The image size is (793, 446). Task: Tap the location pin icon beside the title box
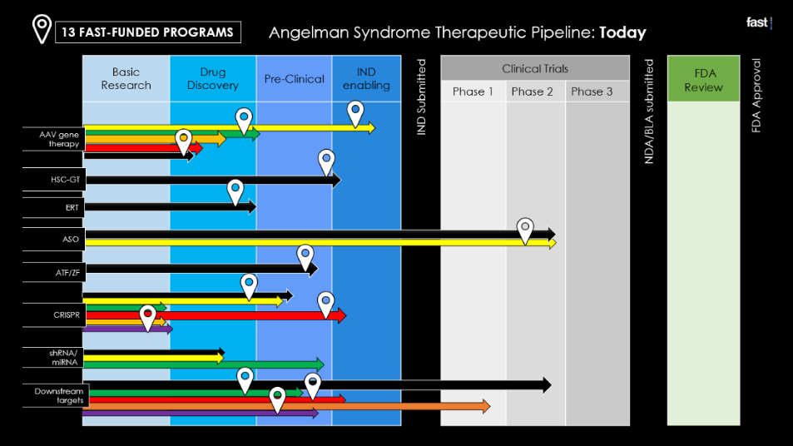pos(42,29)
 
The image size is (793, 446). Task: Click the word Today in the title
pos(622,33)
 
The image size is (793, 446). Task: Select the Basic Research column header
pos(126,78)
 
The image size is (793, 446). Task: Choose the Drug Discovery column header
pos(213,78)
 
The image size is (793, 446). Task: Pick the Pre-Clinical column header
pos(295,78)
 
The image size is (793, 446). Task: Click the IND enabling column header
pos(367,78)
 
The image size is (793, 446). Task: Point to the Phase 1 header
pos(473,92)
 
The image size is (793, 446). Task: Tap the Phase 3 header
pos(592,92)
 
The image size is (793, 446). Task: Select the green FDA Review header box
pos(703,78)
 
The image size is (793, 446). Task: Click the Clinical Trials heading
pos(535,68)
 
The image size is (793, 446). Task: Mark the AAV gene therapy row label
pos(59,139)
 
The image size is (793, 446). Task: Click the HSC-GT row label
pos(65,180)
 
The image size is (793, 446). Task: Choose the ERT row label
pos(72,207)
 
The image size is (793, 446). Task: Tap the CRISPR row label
pos(67,315)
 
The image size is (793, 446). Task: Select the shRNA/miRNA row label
pos(64,358)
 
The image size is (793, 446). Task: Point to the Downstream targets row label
pos(59,395)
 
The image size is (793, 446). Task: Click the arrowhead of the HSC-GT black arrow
pos(336,180)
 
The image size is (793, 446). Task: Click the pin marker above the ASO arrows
pos(525,230)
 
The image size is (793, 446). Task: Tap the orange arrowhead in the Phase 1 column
pos(486,406)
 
